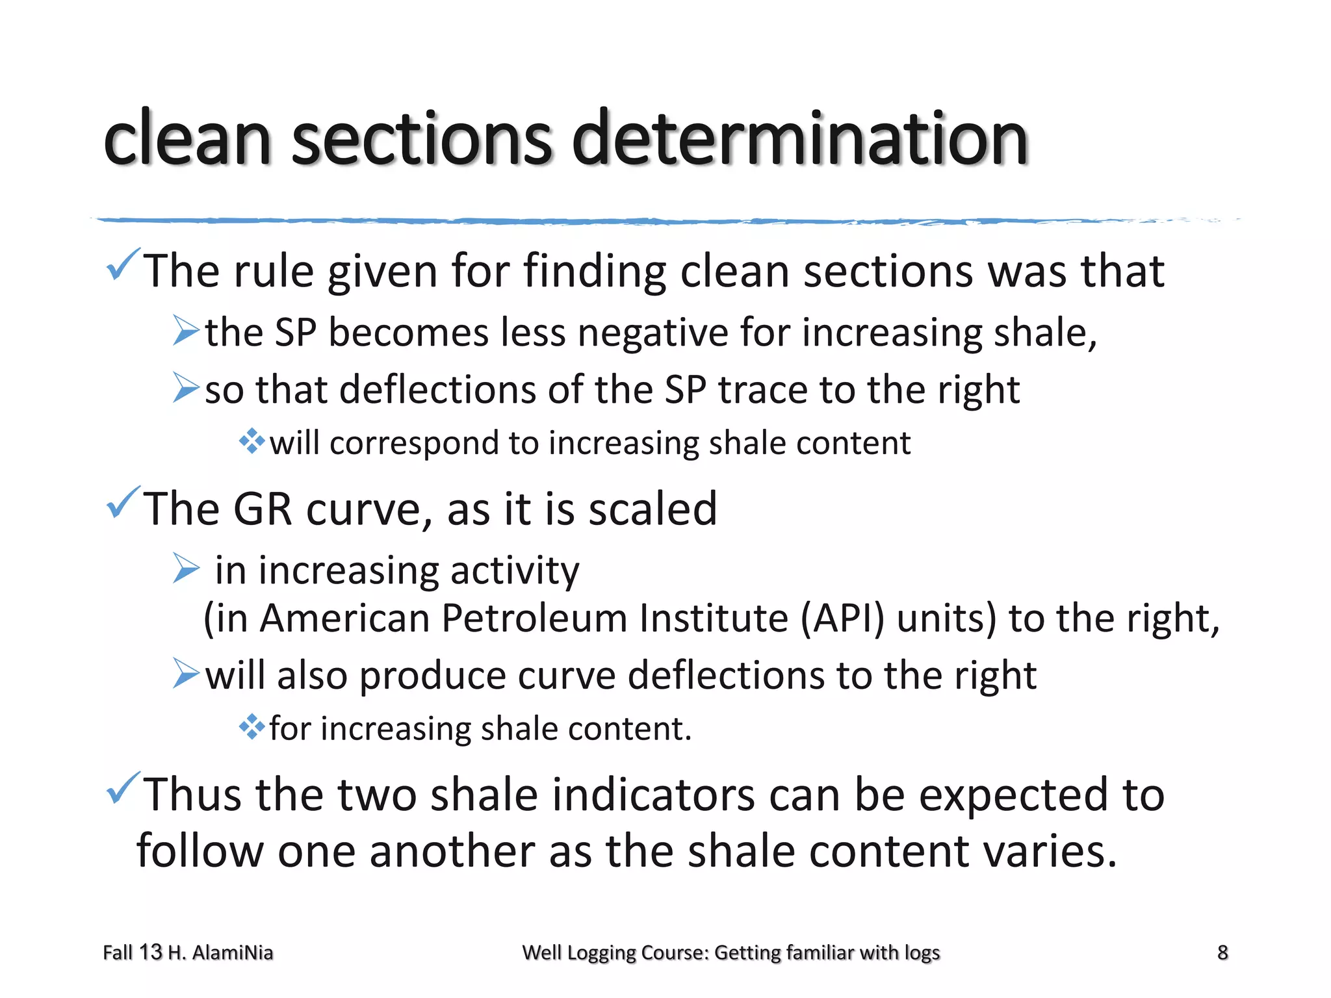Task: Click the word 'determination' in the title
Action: click(x=799, y=138)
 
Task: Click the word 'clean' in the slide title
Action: click(x=187, y=138)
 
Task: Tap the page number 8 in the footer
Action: click(x=1222, y=953)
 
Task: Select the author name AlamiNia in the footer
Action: click(x=233, y=953)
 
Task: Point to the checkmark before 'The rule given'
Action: click(x=122, y=264)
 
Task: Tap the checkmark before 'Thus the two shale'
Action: click(x=122, y=788)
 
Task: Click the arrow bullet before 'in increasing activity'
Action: click(x=186, y=569)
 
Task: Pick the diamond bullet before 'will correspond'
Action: click(x=252, y=442)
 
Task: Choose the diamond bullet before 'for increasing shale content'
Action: click(x=252, y=727)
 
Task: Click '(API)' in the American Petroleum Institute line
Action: click(x=842, y=618)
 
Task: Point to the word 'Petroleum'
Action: click(x=534, y=618)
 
